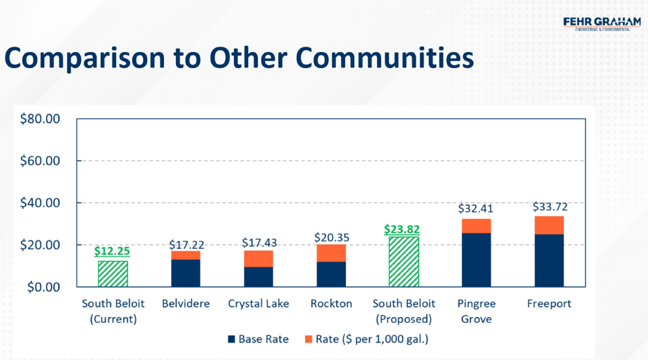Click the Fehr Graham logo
602,24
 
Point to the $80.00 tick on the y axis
39,119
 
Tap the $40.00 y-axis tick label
39,203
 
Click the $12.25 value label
113,251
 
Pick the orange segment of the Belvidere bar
185,255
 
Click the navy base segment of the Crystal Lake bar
258,277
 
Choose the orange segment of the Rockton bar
331,253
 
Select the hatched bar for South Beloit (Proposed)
404,262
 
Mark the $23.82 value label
404,229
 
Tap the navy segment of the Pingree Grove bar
476,260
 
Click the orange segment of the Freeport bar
549,225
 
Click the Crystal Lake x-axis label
258,304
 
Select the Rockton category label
331,304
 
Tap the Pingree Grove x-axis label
476,311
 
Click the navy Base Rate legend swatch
232,340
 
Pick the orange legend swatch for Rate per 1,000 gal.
308,340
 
